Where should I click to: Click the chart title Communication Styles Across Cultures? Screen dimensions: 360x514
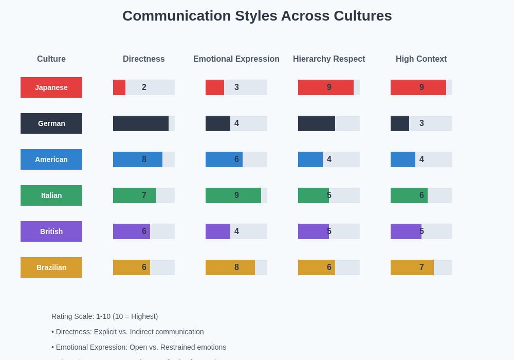click(257, 16)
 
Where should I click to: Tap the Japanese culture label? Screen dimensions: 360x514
click(51, 87)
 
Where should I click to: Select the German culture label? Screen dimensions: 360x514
click(51, 123)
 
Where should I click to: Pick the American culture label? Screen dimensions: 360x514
click(51, 159)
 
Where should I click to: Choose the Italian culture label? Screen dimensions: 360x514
click(51, 195)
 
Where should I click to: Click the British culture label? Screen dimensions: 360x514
click(51, 231)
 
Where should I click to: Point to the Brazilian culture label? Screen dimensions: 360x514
click(51, 267)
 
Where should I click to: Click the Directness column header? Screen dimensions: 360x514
click(144, 59)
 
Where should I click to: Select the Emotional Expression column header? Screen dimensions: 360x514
click(236, 59)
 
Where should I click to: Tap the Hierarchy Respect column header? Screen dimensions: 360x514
click(329, 59)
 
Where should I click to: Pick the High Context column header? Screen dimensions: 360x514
click(421, 59)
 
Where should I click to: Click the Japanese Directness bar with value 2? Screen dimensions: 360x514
click(119, 87)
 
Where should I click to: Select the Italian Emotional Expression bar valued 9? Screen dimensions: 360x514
click(233, 195)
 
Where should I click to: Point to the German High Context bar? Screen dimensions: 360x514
click(400, 123)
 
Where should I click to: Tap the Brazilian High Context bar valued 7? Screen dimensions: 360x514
click(412, 267)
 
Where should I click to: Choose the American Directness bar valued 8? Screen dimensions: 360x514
click(138, 159)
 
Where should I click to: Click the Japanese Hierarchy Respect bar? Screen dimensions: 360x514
click(326, 87)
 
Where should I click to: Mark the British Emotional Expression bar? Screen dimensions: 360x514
click(218, 231)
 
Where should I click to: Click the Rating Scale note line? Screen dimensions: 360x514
click(105, 316)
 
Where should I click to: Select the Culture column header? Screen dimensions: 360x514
click(51, 59)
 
